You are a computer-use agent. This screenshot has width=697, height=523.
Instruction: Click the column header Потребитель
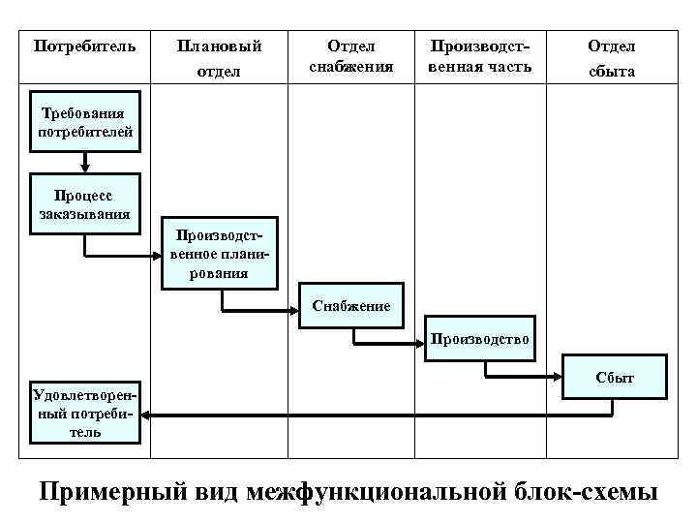click(x=85, y=46)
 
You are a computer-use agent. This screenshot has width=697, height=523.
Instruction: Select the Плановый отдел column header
click(x=218, y=58)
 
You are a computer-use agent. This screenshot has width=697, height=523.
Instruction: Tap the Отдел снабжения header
click(x=350, y=56)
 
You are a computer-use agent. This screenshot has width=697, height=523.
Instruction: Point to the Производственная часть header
click(x=480, y=56)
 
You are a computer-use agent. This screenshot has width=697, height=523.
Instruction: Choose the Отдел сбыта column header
click(x=611, y=58)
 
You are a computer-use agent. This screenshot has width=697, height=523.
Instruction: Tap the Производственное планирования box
click(x=220, y=253)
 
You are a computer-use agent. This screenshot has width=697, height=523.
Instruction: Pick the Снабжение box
click(x=351, y=306)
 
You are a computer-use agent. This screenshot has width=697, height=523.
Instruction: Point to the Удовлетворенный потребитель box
click(x=85, y=414)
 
